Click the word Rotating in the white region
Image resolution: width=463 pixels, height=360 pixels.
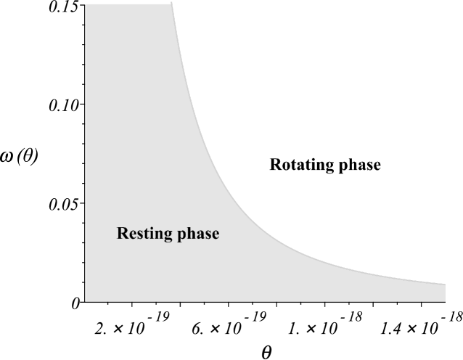tap(298, 165)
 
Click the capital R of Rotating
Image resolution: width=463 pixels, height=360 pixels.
tap(275, 165)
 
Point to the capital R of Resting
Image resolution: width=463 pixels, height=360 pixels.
tap(122, 234)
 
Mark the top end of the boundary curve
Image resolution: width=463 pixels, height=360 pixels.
tap(172, 4)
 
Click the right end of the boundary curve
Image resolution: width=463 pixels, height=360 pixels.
tap(446, 284)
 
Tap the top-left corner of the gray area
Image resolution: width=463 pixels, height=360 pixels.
tap(86, 4)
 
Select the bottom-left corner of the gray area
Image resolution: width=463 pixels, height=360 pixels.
tap(86, 301)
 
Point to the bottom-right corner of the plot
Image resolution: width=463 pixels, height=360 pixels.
tap(446, 301)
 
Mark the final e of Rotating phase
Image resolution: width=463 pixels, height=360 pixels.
tap(377, 166)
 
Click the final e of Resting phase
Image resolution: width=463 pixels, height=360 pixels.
tap(216, 235)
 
